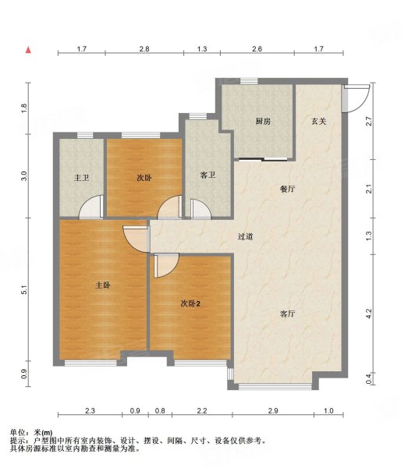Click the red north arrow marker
tap(28, 50)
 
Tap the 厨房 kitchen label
tap(263, 122)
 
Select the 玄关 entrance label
tap(318, 121)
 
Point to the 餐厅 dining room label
tap(288, 189)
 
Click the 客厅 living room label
tap(288, 314)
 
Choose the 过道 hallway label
tap(246, 237)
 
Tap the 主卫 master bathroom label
tap(81, 178)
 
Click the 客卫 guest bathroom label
tap(208, 175)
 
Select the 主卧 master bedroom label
tap(103, 285)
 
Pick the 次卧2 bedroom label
tap(190, 304)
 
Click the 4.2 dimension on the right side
tap(369, 314)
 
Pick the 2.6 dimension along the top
tap(257, 48)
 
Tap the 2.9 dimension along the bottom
tap(273, 411)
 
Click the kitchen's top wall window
tap(249, 81)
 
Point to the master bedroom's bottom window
tap(90, 363)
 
